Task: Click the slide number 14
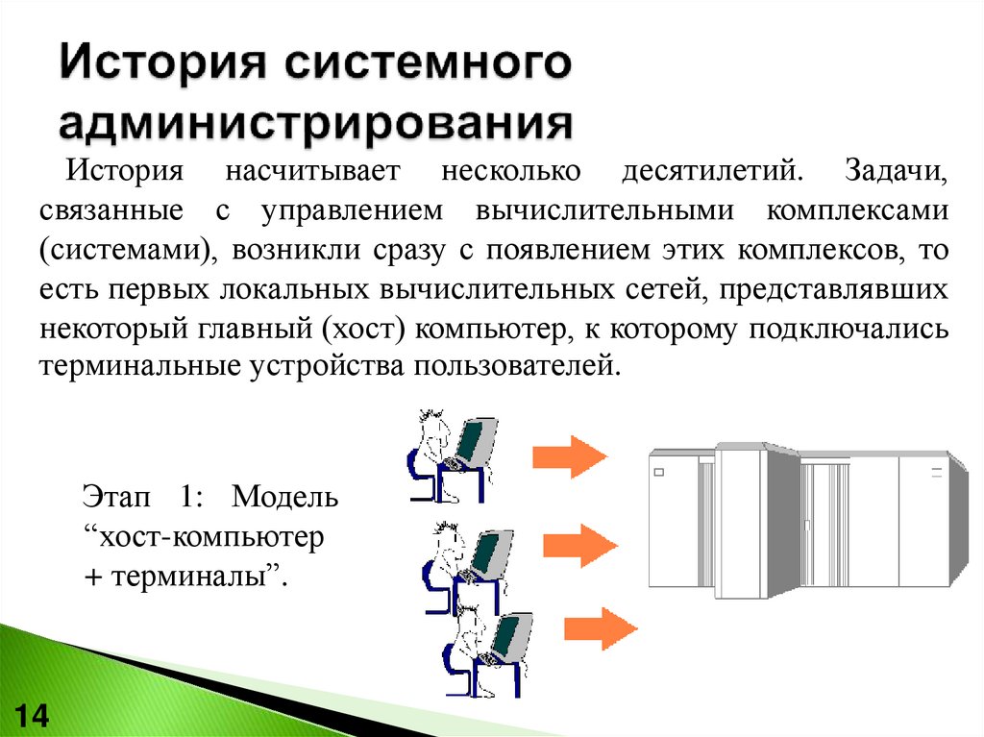(x=33, y=716)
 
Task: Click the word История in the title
(x=160, y=69)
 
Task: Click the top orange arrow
(x=569, y=455)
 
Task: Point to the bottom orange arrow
(x=605, y=628)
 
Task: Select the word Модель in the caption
(x=285, y=498)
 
